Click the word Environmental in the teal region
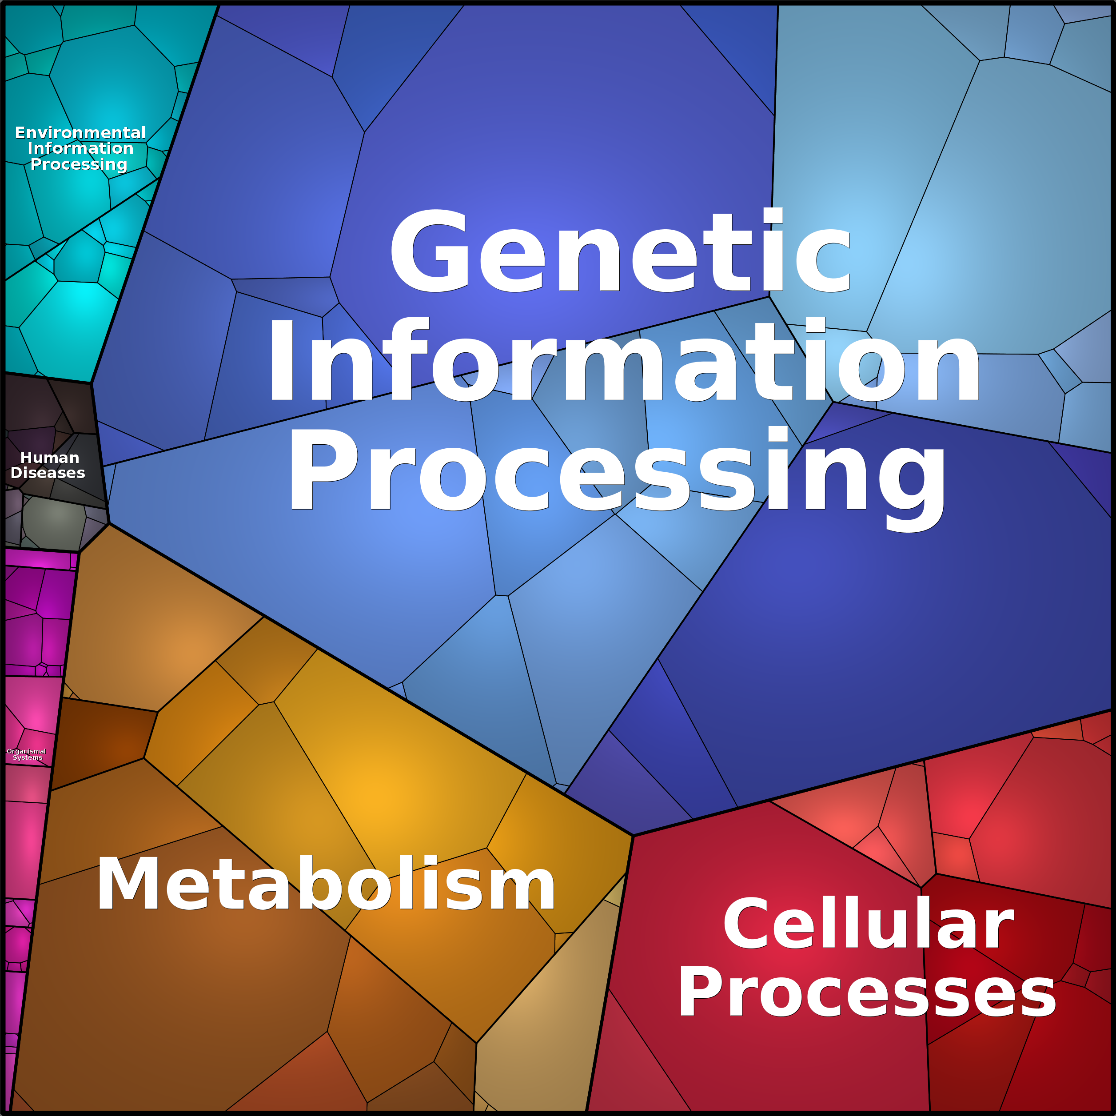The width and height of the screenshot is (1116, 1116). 80,133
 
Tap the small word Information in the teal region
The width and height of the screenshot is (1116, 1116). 81,148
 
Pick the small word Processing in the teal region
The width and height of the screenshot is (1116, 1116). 79,165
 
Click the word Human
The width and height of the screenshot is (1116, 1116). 50,458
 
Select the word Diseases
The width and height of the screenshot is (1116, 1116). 48,473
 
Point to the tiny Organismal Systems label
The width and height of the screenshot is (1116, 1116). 27,754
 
